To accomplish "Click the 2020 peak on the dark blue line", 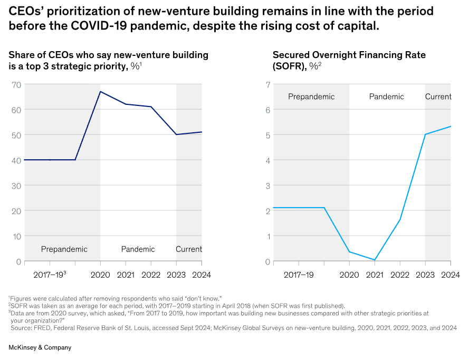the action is pos(100,92).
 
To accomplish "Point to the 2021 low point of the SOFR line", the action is pos(375,260).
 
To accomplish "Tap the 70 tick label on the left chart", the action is pos(16,85).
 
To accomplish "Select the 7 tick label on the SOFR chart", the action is pos(268,85).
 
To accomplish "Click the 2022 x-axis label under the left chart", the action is pos(151,275).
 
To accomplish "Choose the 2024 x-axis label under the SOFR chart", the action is pos(451,275).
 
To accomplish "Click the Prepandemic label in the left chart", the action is pos(64,249).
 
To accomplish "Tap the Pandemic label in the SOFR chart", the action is pos(387,96).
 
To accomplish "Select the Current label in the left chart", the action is pos(189,249).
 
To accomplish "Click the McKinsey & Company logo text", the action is pos(40,347).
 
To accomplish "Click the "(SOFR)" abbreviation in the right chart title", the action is pos(289,66).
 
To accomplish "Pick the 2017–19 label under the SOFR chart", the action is pos(299,275).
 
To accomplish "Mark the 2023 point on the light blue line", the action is pos(425,134).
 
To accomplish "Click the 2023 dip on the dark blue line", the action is pos(176,134).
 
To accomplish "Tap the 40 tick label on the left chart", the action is pos(16,160).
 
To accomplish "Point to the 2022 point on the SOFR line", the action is pos(400,219).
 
